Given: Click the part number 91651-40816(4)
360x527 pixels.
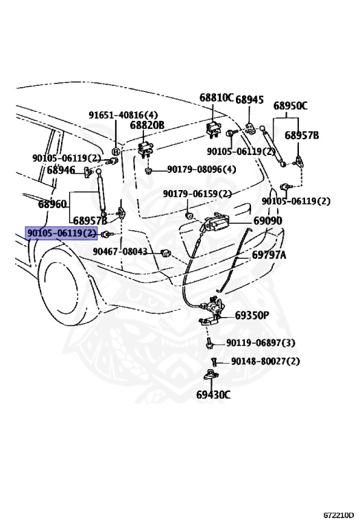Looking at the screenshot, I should (123, 115).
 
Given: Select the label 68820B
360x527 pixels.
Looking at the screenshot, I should (147, 125).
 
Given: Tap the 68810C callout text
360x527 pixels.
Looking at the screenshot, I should (217, 98).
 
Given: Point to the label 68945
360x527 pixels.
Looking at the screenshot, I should (250, 99).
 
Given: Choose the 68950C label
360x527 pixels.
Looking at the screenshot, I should (290, 106).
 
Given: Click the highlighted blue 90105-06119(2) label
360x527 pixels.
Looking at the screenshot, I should (61, 233).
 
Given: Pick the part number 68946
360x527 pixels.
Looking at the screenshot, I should (61, 169).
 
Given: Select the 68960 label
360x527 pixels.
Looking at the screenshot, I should (52, 204).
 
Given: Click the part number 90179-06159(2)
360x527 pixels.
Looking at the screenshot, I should (197, 194).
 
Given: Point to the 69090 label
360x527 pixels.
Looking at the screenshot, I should (267, 221).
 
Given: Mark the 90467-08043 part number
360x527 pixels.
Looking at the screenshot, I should (120, 251).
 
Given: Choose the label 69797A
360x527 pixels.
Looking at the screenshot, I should (269, 255).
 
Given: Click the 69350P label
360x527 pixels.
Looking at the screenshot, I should (252, 316).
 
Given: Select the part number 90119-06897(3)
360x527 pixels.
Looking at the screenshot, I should (261, 342).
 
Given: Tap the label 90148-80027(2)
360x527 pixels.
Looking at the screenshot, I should (265, 361).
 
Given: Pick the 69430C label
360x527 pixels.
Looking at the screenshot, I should (213, 395).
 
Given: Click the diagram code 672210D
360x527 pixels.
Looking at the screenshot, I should (339, 515).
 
